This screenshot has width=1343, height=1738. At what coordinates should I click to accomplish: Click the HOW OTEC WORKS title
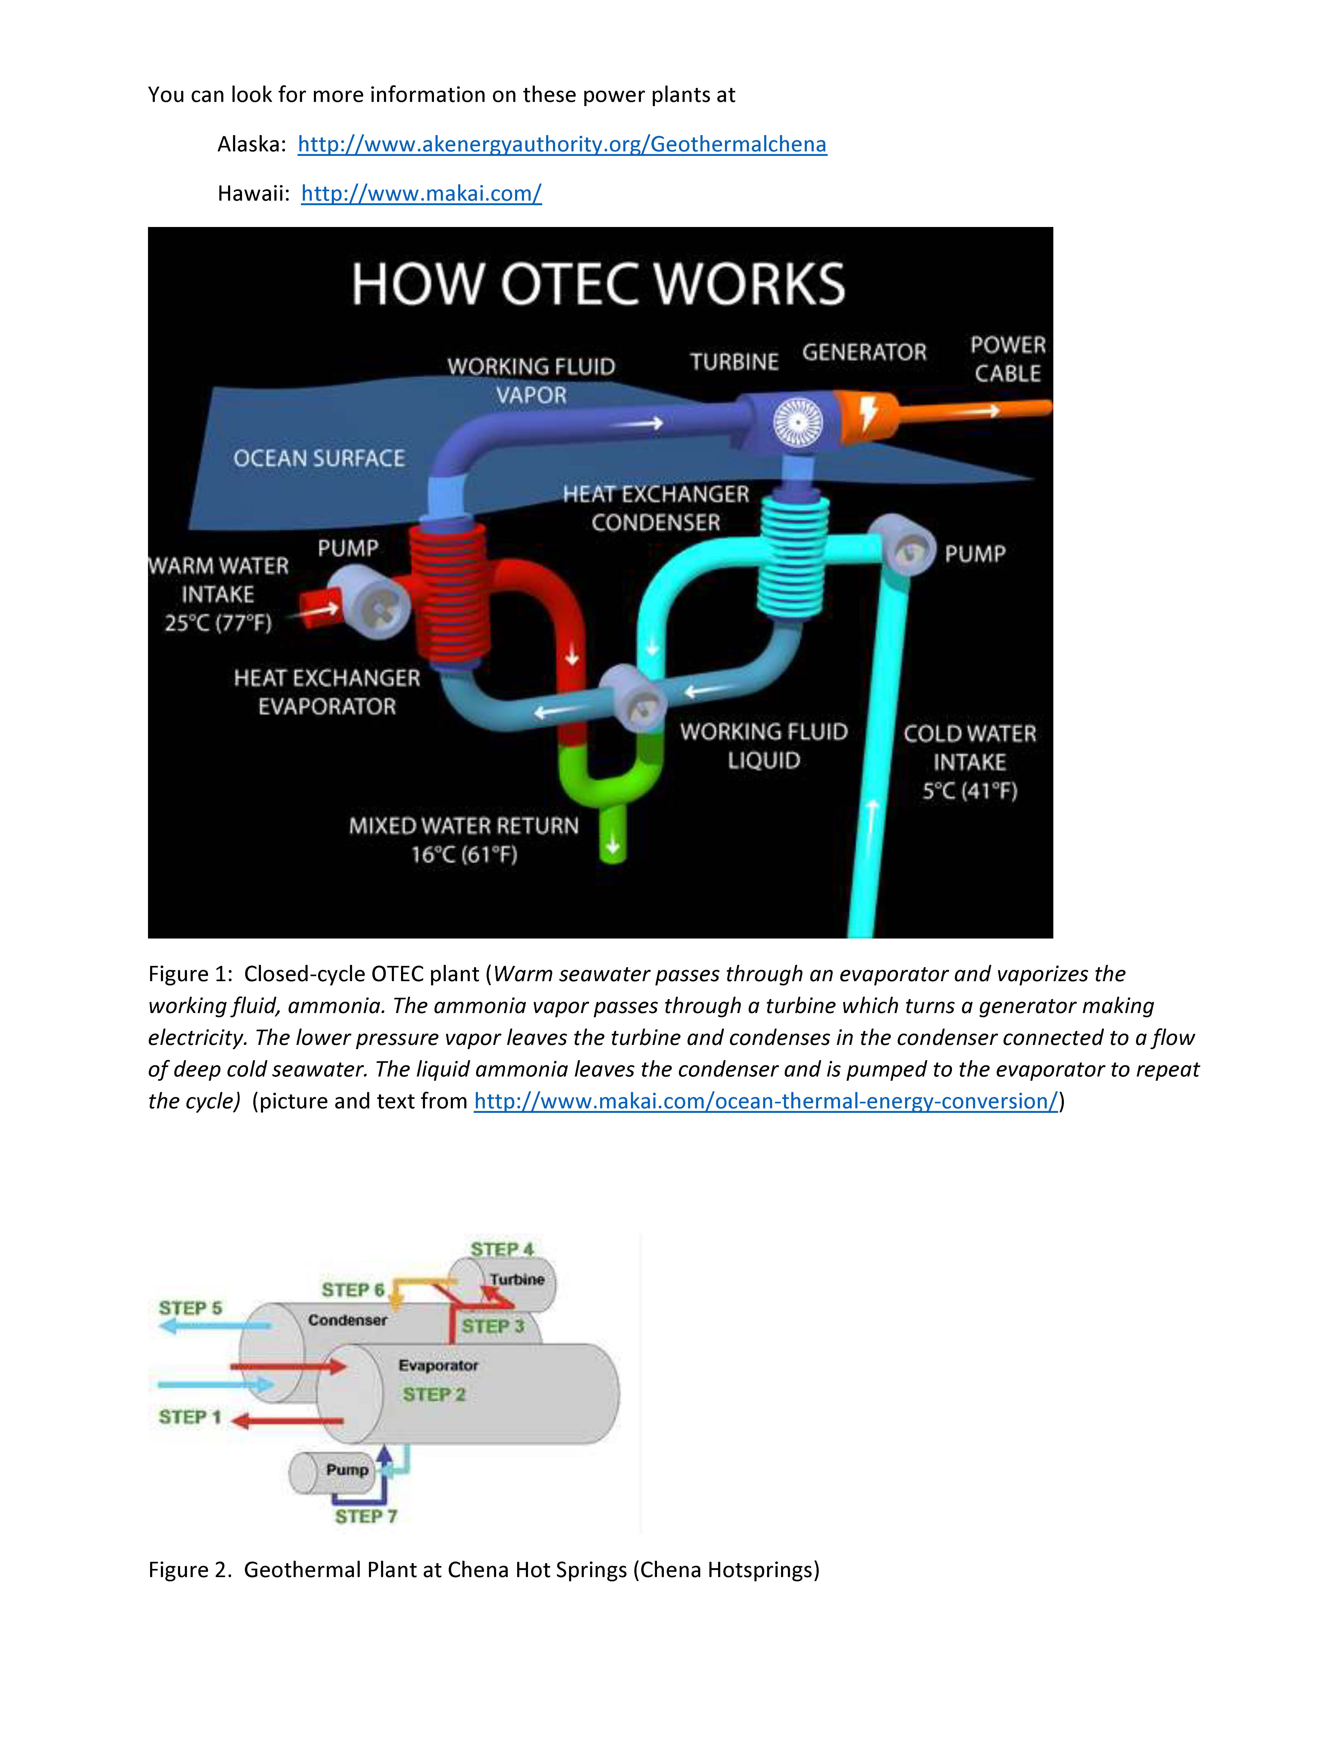[598, 284]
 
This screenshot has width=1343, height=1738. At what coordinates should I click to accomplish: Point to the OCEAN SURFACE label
[319, 458]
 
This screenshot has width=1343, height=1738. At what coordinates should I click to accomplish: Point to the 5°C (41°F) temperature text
[970, 791]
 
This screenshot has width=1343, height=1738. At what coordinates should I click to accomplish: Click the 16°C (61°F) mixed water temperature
[464, 855]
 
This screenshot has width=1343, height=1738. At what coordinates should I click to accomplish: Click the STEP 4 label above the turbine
[502, 1248]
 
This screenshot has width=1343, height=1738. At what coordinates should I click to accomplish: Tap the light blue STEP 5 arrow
[215, 1326]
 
